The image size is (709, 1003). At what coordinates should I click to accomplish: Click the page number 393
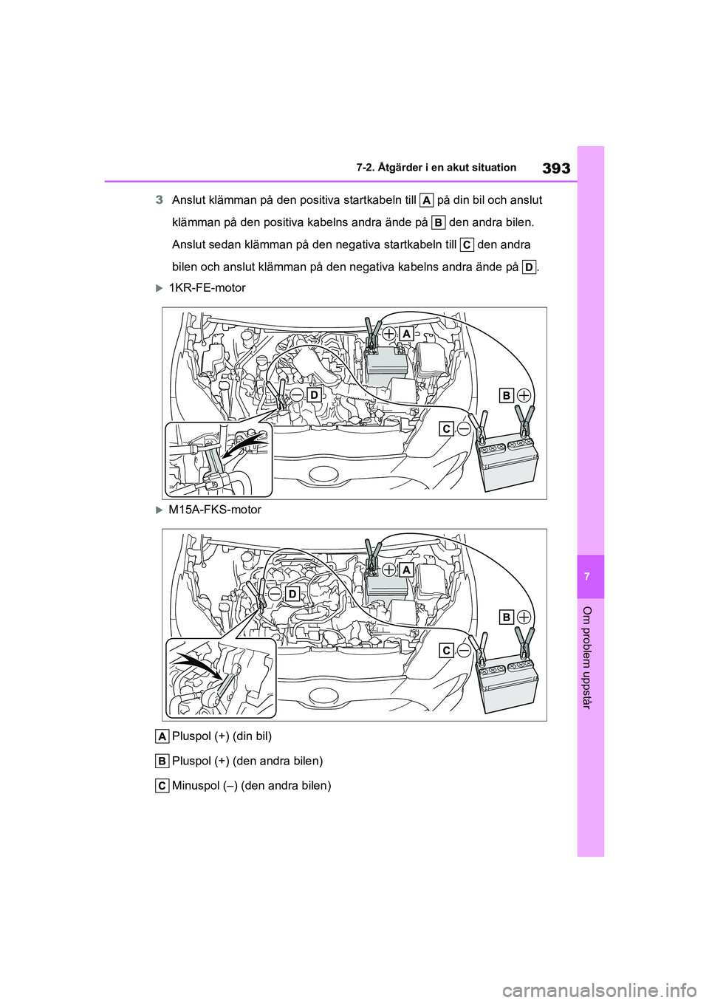point(555,168)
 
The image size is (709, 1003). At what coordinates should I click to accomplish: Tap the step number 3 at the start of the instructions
point(159,200)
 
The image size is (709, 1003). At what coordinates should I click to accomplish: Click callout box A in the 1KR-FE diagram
point(405,333)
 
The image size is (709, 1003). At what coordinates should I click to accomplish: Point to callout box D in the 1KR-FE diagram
point(313,396)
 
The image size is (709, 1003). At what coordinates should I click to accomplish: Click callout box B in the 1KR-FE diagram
point(507,396)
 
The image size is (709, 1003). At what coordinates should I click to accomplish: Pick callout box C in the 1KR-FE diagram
point(446,428)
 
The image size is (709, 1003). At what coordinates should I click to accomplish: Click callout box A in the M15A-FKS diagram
point(405,569)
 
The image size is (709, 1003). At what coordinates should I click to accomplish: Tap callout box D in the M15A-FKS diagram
point(292,594)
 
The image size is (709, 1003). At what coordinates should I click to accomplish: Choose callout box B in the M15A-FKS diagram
point(507,617)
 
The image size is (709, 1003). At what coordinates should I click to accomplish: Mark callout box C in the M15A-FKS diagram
point(446,650)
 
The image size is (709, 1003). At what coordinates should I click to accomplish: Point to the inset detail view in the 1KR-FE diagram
point(218,459)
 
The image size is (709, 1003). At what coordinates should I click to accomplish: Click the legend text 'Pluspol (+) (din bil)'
point(221,736)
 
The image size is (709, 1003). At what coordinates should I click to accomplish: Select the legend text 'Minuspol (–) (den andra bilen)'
point(250,785)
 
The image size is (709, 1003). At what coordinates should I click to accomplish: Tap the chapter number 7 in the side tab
point(591,576)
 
